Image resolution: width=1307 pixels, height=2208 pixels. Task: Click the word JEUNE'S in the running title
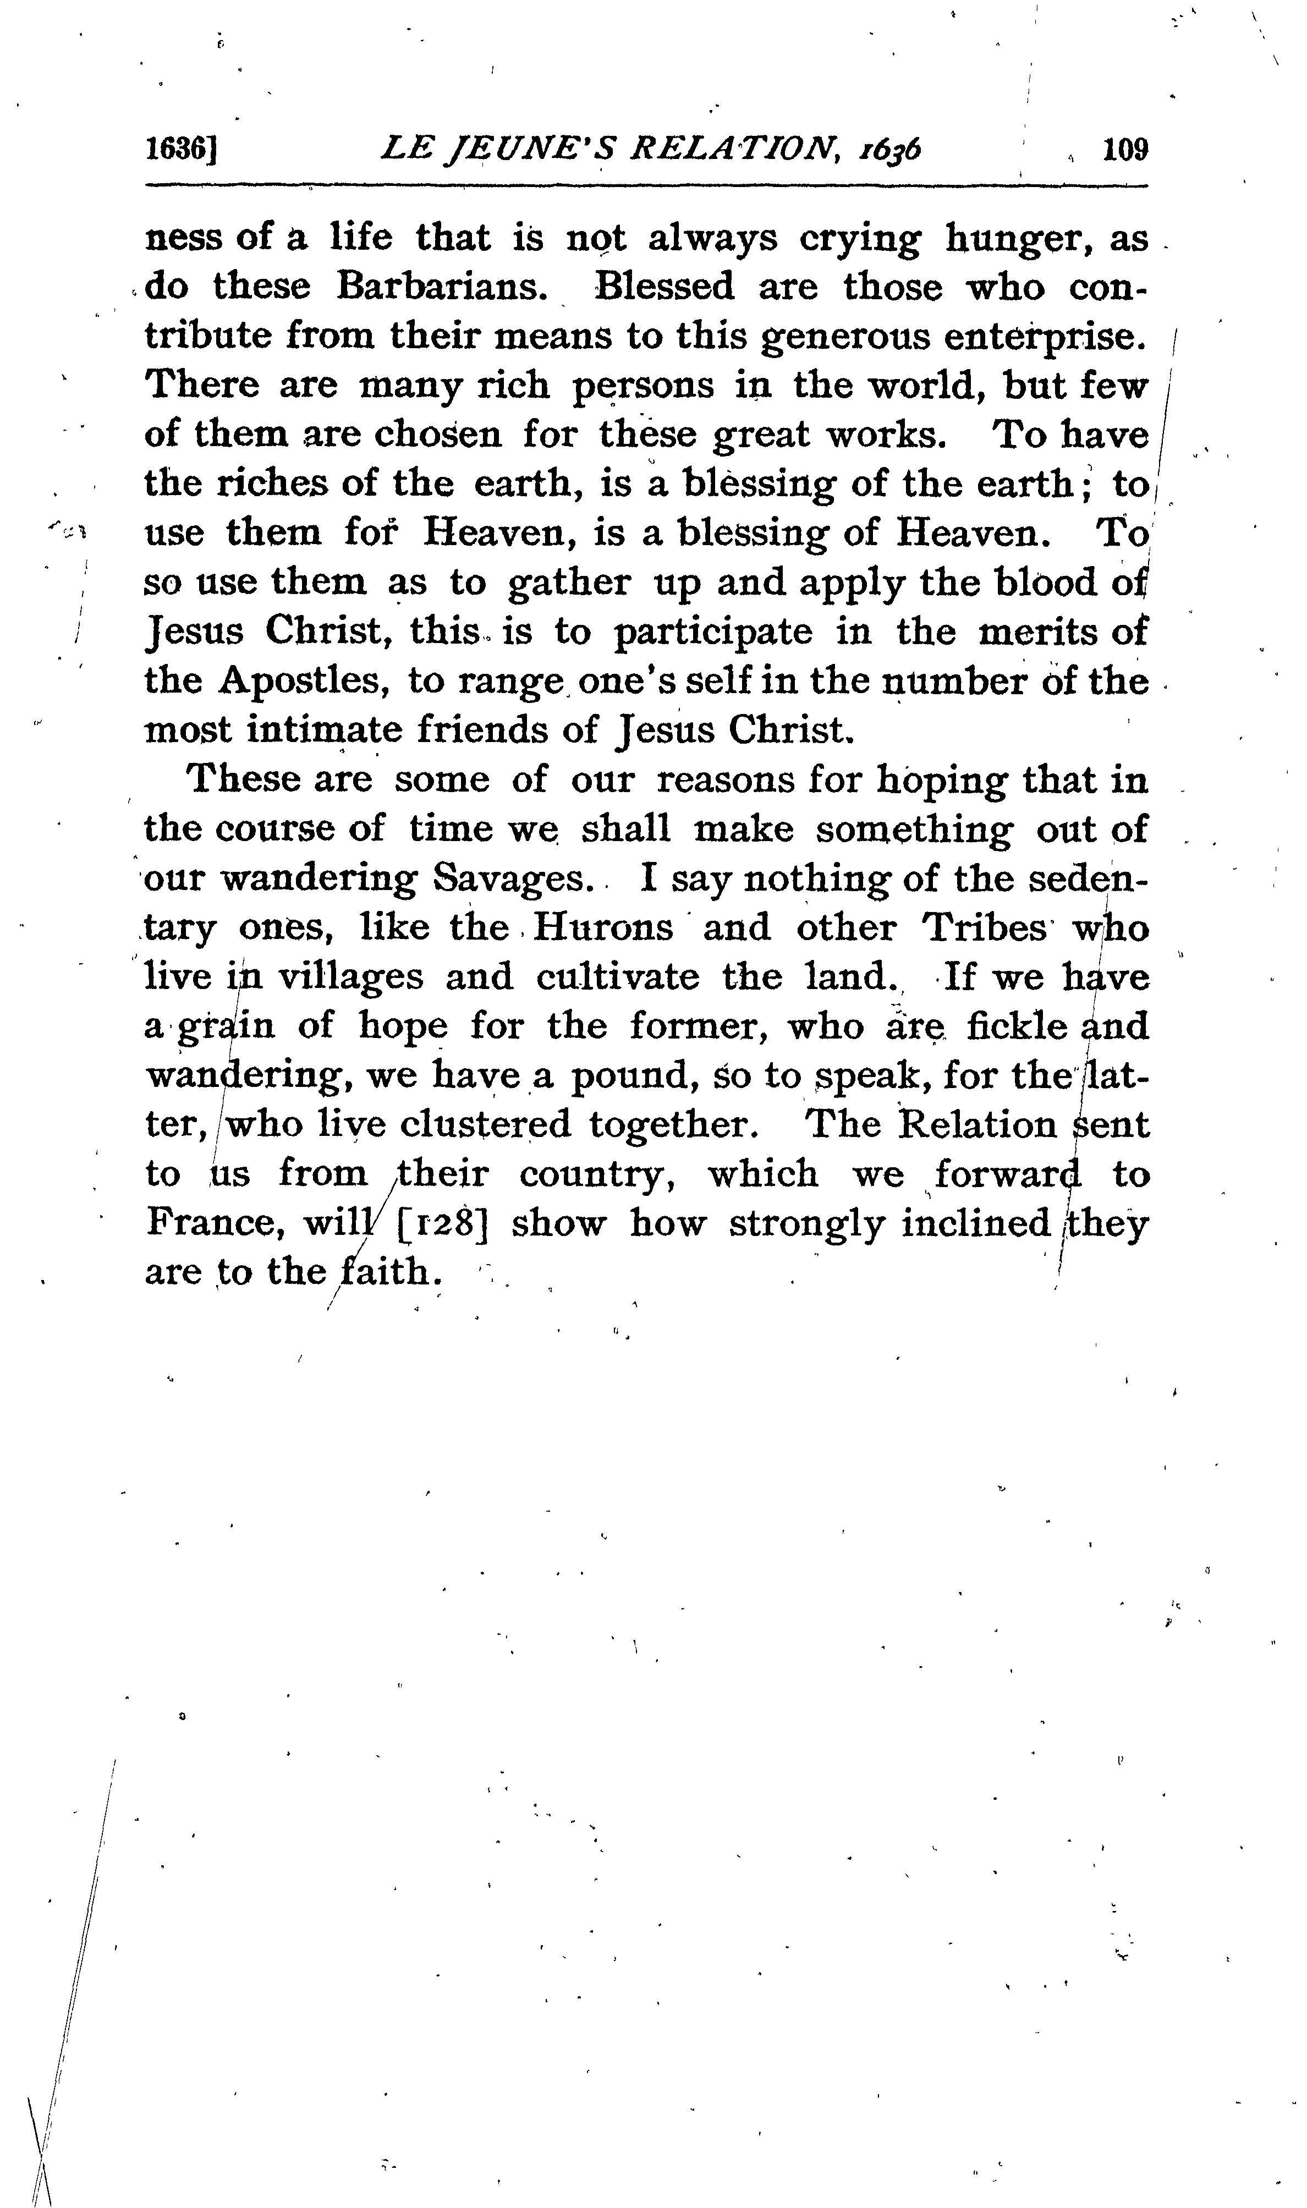pyautogui.click(x=520, y=149)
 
